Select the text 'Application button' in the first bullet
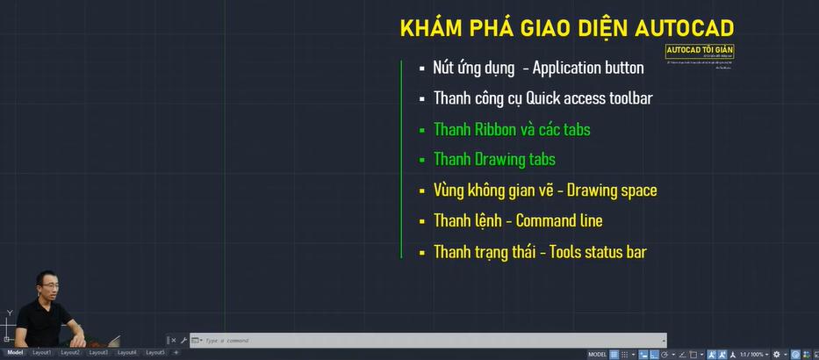coord(587,68)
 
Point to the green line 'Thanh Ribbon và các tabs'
coord(511,129)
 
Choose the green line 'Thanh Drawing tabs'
coord(493,160)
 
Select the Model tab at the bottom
coord(16,352)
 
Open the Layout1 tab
coord(42,352)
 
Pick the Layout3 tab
coord(98,352)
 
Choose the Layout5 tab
coord(154,352)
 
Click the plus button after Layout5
coord(176,352)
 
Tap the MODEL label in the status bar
coord(597,354)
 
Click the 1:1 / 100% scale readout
coord(751,354)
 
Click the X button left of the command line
coord(173,341)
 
